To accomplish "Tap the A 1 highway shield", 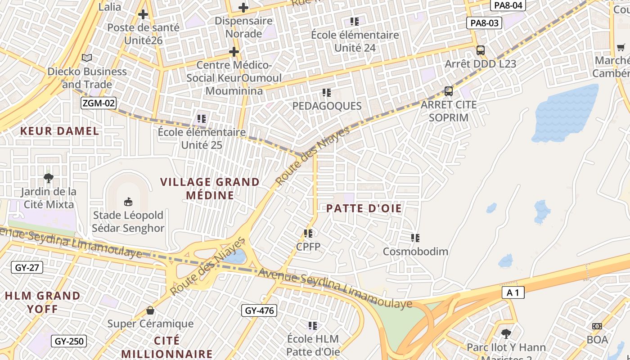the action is click(x=513, y=293).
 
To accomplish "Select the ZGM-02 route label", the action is click(x=99, y=103).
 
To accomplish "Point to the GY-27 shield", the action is click(x=27, y=267).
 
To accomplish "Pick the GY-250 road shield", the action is click(x=69, y=341).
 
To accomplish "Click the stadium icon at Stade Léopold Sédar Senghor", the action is click(x=128, y=201).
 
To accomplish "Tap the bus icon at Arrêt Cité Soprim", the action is click(x=448, y=91).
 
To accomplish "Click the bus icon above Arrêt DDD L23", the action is click(x=480, y=50).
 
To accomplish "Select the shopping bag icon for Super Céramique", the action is click(x=150, y=310).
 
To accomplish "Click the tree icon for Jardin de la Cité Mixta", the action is click(x=48, y=178).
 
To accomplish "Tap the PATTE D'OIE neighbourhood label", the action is click(x=364, y=208).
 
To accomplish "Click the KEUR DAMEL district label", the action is click(x=59, y=131).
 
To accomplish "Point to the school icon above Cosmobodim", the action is click(x=415, y=238).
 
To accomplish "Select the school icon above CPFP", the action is click(x=308, y=233).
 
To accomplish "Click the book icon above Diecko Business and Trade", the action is click(x=87, y=58).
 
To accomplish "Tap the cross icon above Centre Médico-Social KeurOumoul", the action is click(x=234, y=52).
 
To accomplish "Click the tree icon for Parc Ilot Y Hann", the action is click(x=506, y=333).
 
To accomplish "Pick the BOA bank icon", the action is click(x=597, y=326).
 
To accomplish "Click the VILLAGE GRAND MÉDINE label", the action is click(x=210, y=188).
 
